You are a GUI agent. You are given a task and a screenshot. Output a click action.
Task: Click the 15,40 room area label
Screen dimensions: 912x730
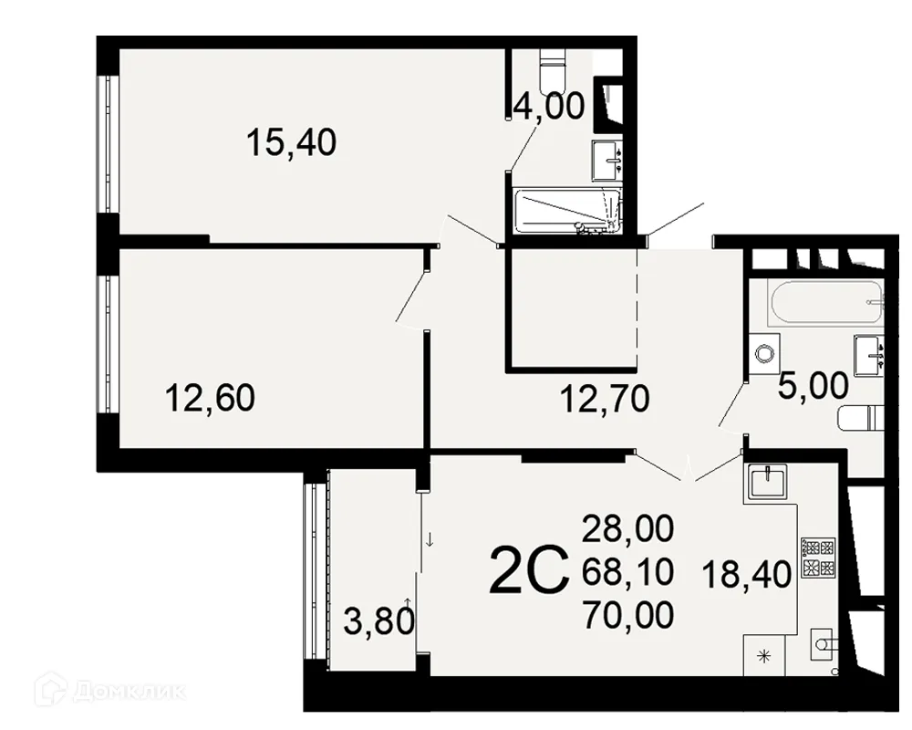point(292,142)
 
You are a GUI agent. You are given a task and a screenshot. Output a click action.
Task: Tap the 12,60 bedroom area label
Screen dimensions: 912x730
point(210,399)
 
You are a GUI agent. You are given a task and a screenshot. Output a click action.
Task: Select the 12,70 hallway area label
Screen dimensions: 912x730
point(605,400)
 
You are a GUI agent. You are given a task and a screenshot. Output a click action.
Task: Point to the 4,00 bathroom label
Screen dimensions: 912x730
point(549,107)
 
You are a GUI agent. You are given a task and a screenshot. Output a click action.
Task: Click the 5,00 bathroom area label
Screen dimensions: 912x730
point(814,386)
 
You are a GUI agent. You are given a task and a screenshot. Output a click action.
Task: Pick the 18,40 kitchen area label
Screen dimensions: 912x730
point(747,574)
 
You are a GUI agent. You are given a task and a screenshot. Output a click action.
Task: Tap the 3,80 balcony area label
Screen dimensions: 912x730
point(378,620)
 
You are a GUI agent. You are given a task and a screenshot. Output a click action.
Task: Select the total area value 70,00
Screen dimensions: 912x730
point(628,615)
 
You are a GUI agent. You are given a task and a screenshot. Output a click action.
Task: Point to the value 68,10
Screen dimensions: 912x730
point(628,571)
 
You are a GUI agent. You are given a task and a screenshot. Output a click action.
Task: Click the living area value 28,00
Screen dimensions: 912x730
point(628,529)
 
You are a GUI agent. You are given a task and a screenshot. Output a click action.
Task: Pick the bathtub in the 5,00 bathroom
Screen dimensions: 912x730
point(826,303)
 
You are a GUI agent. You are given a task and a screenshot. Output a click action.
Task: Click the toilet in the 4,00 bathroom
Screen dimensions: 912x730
point(553,70)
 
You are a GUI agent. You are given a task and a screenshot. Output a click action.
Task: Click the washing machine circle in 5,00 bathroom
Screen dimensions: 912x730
point(763,353)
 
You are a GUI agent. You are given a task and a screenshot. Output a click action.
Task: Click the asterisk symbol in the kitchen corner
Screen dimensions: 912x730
point(763,657)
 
